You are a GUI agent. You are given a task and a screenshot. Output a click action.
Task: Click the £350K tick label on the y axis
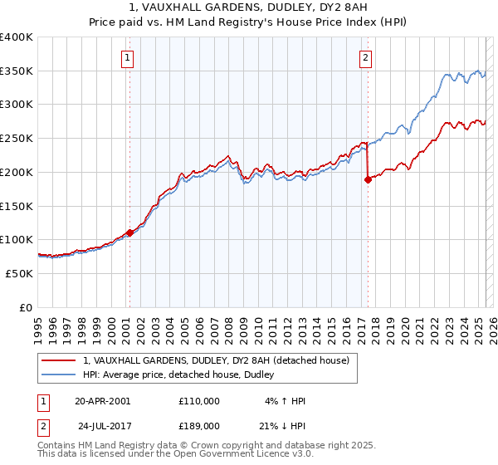pos(17,71)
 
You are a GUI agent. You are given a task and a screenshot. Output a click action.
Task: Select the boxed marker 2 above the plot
pos(366,58)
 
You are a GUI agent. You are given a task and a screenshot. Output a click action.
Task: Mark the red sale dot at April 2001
pos(129,232)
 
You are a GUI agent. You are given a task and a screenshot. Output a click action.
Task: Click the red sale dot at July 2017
pos(368,179)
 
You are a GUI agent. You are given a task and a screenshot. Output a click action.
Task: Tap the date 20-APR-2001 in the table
pos(103,401)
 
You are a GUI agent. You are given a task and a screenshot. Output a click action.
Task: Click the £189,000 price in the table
pos(199,425)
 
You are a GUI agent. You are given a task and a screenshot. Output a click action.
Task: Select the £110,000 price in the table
pos(199,401)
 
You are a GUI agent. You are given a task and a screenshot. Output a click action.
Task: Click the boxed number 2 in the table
pos(43,425)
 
